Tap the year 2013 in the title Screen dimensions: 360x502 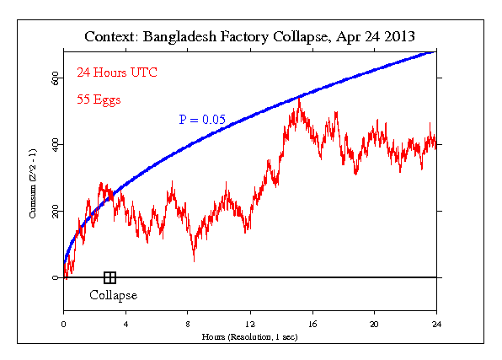[397, 38]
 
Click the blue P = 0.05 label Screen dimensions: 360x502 [201, 120]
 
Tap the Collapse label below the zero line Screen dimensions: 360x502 [113, 295]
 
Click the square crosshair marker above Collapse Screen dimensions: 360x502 [109, 277]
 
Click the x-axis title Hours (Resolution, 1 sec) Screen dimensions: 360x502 [250, 336]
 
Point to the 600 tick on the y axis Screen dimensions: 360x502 [53, 78]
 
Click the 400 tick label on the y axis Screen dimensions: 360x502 [53, 144]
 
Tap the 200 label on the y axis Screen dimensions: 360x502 [53, 211]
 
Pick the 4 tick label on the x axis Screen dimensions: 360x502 [125, 323]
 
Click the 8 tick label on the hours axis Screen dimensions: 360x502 [188, 323]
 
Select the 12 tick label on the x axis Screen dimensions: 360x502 [250, 323]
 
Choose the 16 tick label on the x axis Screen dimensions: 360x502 [312, 323]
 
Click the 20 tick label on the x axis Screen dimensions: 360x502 [374, 323]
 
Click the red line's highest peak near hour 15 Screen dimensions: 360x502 [299, 99]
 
